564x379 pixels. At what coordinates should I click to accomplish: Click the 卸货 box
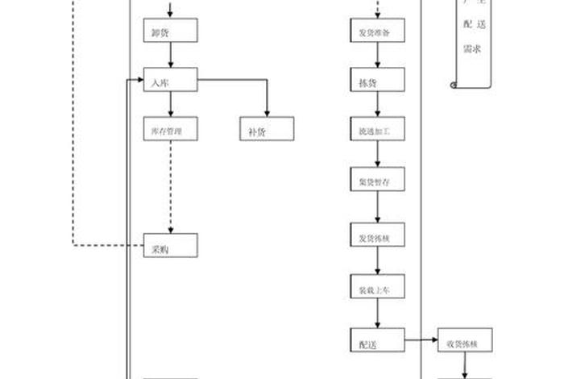[x=171, y=32]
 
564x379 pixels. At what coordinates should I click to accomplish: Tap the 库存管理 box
[x=171, y=129]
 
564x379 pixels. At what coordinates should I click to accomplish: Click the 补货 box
[x=267, y=129]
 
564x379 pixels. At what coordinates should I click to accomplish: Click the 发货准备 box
[x=377, y=32]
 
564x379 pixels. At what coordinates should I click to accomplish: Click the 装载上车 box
[x=377, y=288]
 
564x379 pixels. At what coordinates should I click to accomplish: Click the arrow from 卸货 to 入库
[x=171, y=56]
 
